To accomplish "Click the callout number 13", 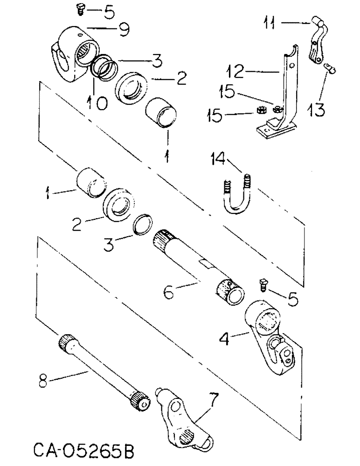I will tap(318, 110).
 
